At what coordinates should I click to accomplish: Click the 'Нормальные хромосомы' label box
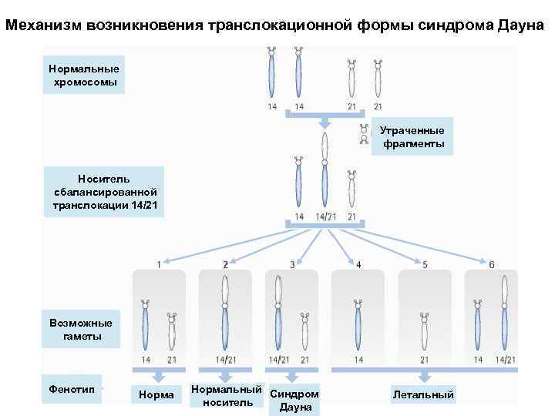(82, 75)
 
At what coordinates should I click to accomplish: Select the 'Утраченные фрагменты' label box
(413, 137)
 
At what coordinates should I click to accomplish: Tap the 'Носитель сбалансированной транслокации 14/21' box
(104, 192)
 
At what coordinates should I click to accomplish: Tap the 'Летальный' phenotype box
(423, 394)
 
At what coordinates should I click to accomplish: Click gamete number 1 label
(159, 264)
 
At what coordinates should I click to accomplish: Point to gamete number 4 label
(358, 264)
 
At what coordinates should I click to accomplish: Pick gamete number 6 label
(491, 264)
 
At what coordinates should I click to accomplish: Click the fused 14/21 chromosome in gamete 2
(225, 312)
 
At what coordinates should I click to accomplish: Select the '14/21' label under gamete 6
(505, 360)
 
